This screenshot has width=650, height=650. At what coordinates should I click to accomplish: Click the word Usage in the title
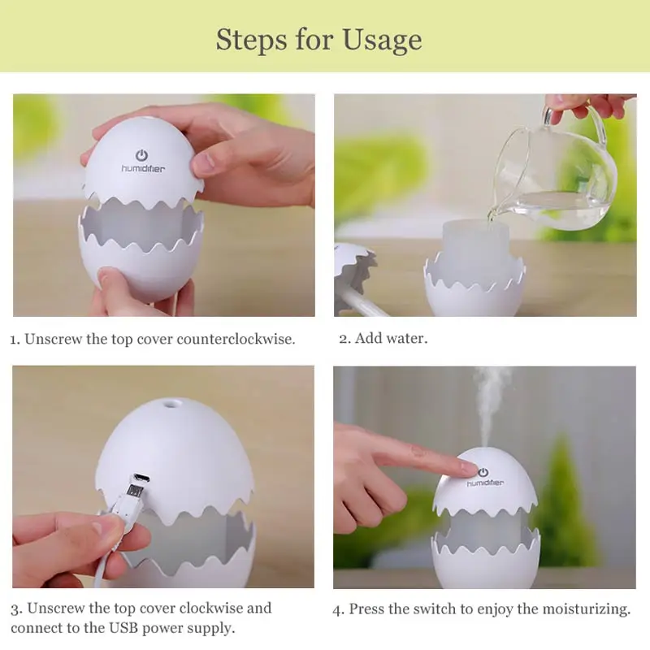382,41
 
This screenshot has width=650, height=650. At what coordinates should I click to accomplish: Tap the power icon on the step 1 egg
141,155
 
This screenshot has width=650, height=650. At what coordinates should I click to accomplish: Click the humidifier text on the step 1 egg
143,169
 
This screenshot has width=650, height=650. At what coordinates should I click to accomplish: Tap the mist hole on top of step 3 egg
168,403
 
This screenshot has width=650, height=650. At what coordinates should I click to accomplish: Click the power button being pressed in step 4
483,472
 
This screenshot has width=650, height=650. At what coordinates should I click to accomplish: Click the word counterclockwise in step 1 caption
236,339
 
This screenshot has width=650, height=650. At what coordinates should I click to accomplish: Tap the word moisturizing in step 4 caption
586,609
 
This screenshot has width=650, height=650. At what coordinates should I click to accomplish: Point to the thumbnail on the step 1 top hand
203,160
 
